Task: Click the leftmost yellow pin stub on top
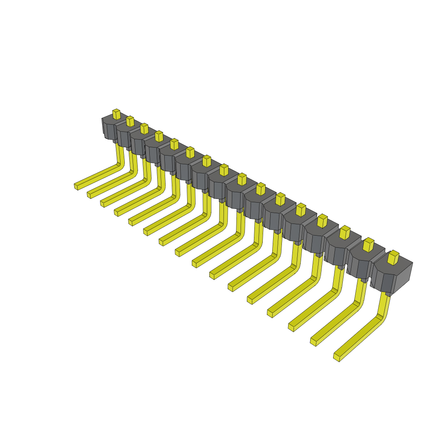tap(116, 114)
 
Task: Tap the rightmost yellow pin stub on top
tap(393, 257)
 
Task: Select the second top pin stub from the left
tap(130, 121)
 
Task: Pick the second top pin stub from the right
tap(368, 245)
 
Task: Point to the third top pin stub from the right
tap(345, 233)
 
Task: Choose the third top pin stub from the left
tap(144, 128)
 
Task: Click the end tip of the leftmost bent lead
tap(76, 186)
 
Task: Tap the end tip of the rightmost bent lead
tap(337, 357)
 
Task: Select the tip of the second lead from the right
tap(313, 342)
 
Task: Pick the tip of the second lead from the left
tap(89, 195)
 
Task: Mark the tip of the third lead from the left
tap(103, 203)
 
